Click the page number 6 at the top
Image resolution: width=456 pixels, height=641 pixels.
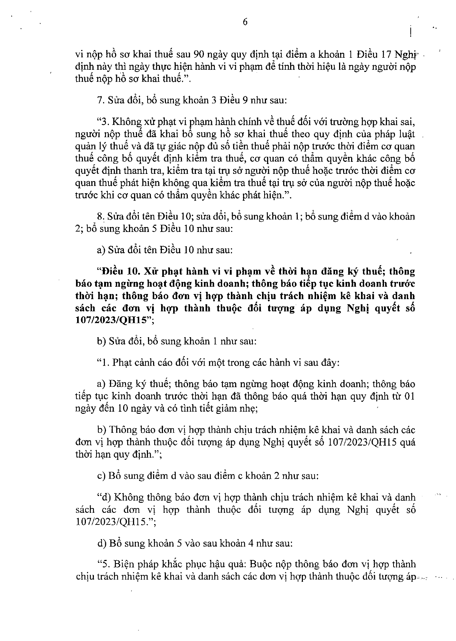(245, 22)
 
